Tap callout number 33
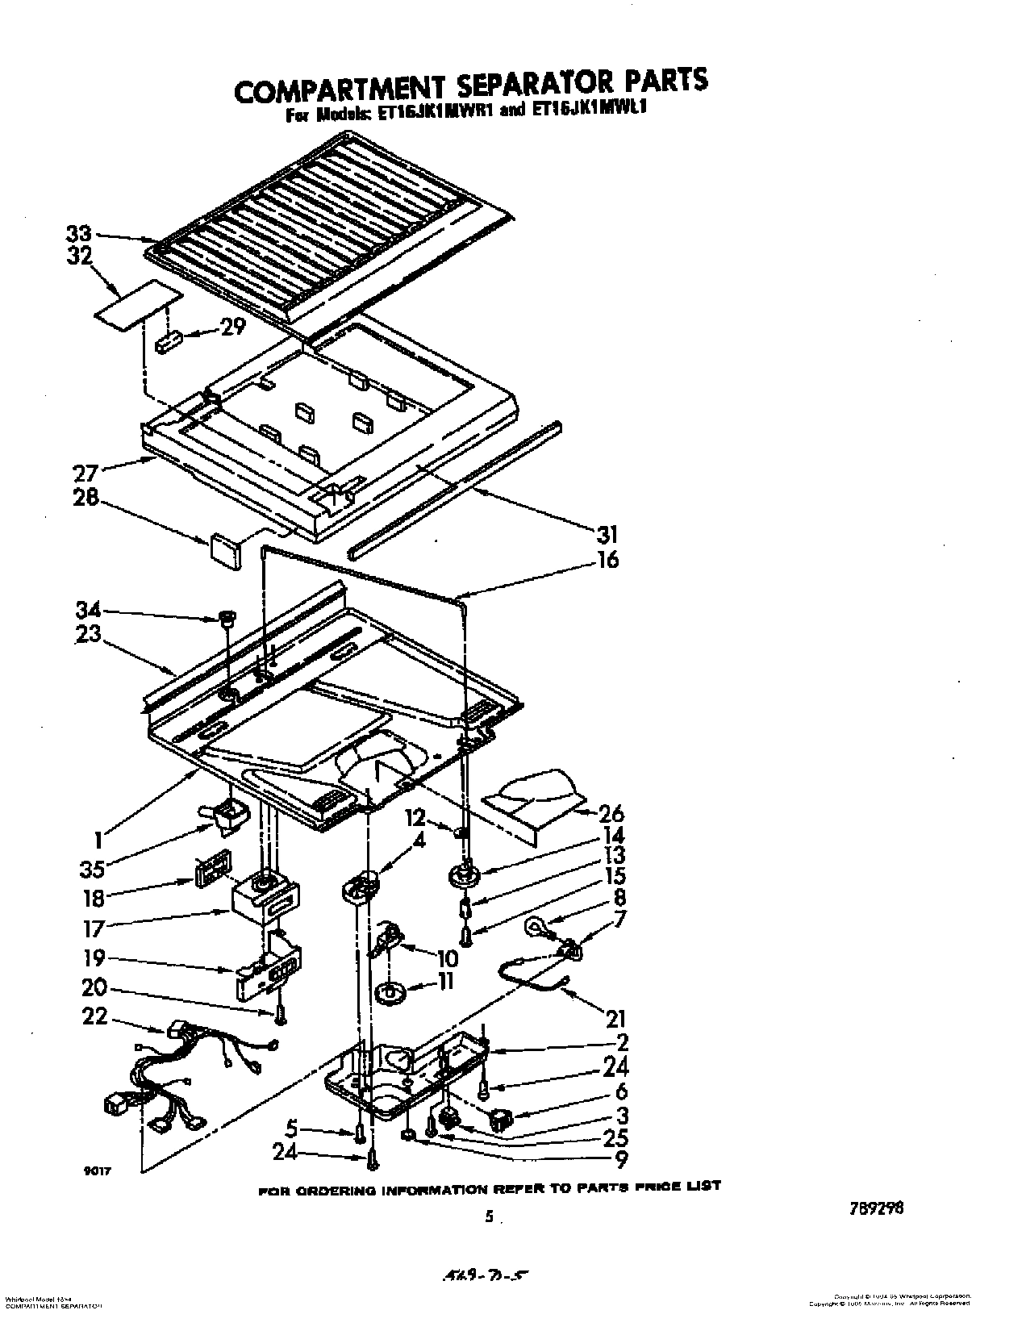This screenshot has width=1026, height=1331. pyautogui.click(x=79, y=236)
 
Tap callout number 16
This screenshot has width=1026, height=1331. pyautogui.click(x=607, y=559)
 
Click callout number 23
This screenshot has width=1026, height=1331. pyautogui.click(x=88, y=634)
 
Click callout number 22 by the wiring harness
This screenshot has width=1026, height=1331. pyautogui.click(x=95, y=1016)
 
